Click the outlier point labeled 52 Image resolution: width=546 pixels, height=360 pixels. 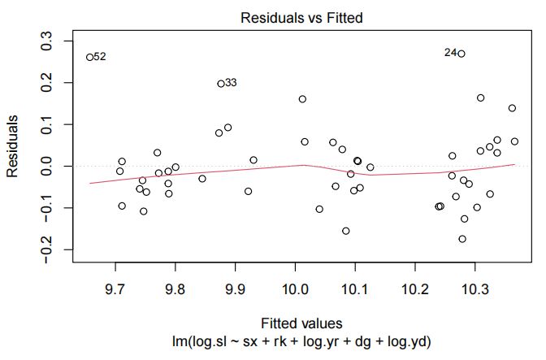(89, 57)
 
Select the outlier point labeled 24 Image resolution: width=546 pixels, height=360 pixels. (461, 54)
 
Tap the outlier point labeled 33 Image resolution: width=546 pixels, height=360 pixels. (221, 84)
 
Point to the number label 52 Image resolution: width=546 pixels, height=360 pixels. (100, 57)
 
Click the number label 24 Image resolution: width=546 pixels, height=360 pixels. (450, 53)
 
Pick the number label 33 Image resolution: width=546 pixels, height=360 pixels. (232, 83)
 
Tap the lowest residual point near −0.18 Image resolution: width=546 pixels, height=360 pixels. (462, 239)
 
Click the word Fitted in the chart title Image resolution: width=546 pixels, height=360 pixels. (335, 17)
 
